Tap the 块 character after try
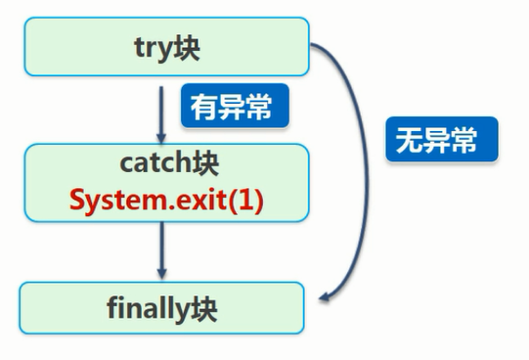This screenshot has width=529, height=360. pyautogui.click(x=186, y=48)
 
